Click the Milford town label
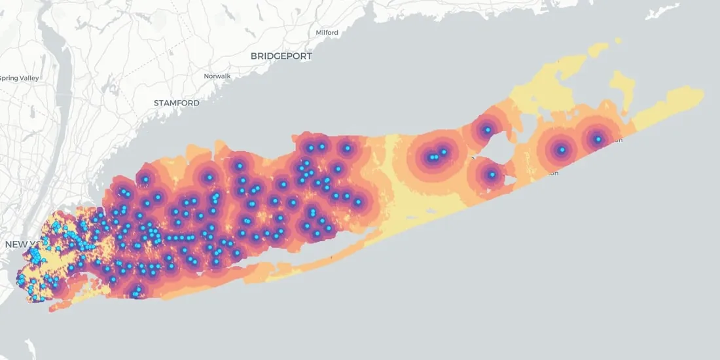[x=327, y=32]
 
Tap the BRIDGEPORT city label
[x=281, y=56]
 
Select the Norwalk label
[x=217, y=76]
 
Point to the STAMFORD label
[x=177, y=103]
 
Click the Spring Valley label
[x=20, y=78]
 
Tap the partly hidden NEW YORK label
[x=16, y=244]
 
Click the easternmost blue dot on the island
[x=598, y=139]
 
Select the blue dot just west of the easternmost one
[x=562, y=150]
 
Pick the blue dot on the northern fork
[x=487, y=130]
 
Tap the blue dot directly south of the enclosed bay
[x=492, y=175]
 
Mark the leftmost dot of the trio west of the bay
[x=431, y=157]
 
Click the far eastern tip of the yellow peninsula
[x=702, y=94]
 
